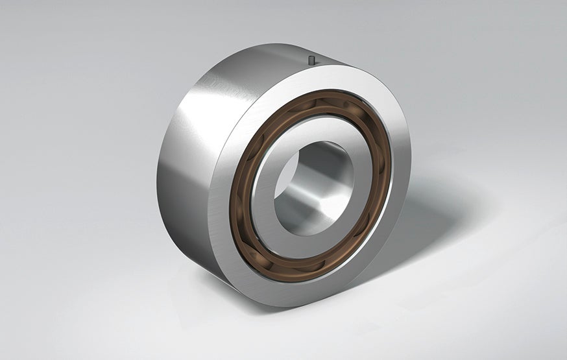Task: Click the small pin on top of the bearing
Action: click(x=313, y=60)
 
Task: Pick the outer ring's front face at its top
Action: click(x=324, y=77)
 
